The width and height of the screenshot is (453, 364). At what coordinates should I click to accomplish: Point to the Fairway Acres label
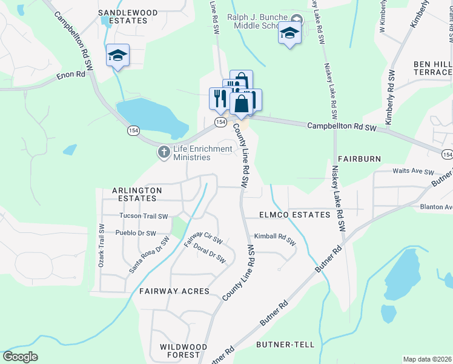coord(174,291)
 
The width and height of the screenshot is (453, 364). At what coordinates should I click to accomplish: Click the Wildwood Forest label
coord(184,351)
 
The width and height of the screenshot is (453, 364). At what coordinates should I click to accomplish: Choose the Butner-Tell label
coord(285,345)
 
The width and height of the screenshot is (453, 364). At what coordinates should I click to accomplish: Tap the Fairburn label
coord(360,159)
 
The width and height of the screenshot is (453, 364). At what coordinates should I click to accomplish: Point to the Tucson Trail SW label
coord(143,216)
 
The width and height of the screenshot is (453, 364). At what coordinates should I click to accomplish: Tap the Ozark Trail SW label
coord(102,246)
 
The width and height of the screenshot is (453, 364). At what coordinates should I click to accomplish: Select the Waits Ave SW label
coord(414,172)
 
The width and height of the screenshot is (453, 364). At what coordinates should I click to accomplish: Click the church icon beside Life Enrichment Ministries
coord(163,152)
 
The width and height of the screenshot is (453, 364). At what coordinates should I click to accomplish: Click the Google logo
coord(20,357)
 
